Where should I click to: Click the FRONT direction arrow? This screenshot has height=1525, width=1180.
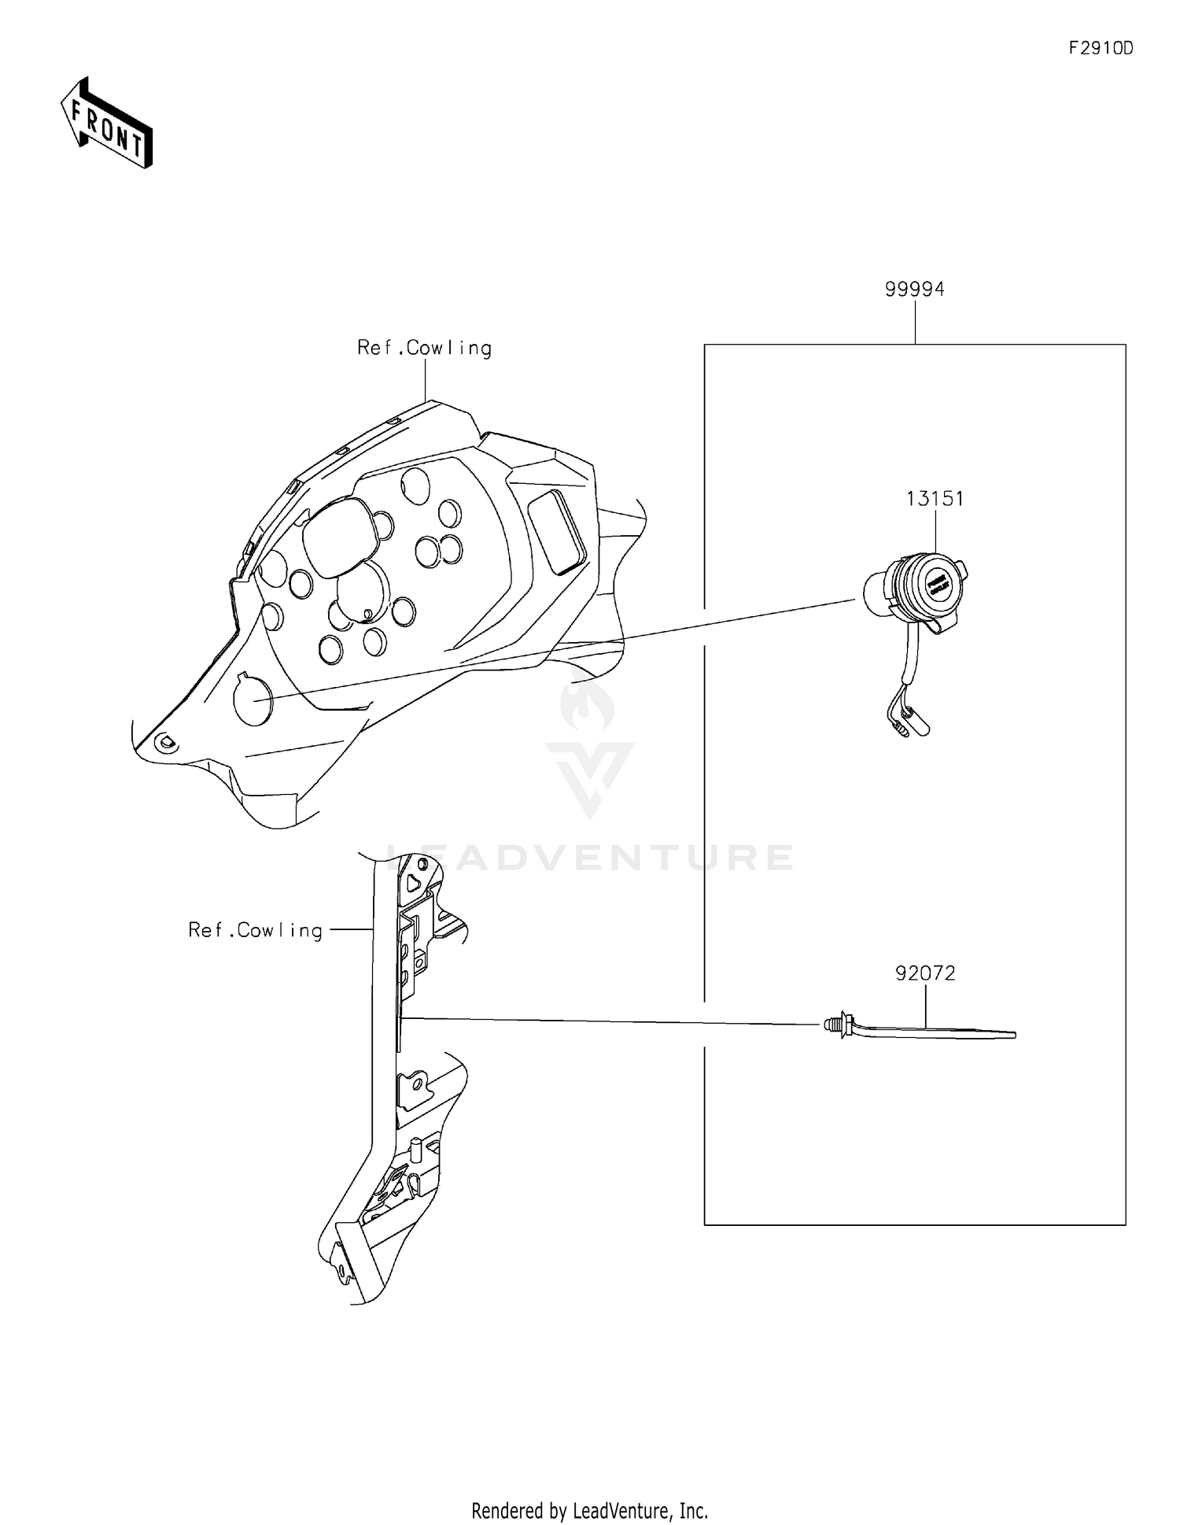(x=106, y=123)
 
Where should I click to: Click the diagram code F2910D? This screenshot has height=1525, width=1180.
(x=1101, y=48)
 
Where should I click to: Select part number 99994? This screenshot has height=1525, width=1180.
(x=914, y=290)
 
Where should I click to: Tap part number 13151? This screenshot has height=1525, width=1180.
(x=935, y=499)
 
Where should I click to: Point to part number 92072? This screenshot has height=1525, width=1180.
(x=925, y=973)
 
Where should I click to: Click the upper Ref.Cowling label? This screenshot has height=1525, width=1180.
(x=424, y=348)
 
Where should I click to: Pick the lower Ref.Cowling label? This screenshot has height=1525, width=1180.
(x=256, y=930)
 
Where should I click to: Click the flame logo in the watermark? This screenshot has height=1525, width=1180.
(x=588, y=704)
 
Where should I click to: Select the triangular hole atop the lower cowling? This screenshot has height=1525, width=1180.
(x=414, y=882)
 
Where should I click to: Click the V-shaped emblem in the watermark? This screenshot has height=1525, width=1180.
(x=589, y=775)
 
